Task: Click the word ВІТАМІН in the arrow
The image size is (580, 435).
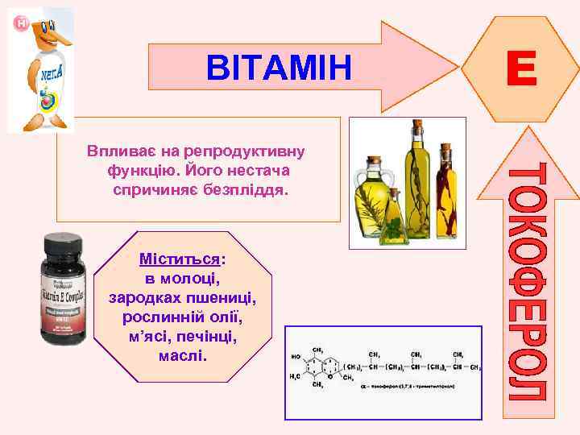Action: click(x=279, y=68)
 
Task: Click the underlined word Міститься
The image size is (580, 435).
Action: click(x=180, y=259)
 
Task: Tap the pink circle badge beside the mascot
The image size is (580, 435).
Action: click(x=21, y=25)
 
